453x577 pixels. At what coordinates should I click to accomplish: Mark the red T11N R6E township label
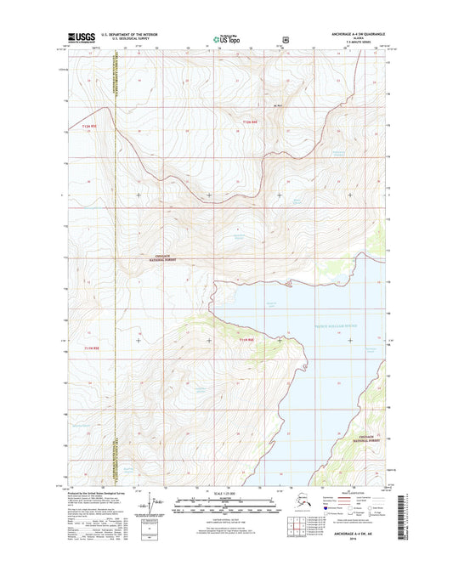(246, 341)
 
